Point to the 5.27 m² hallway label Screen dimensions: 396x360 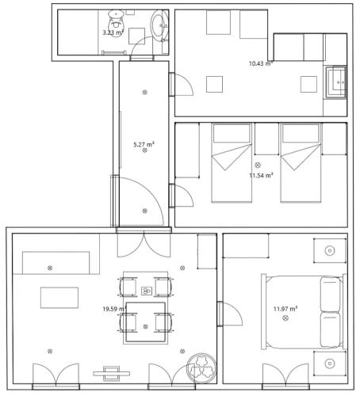(x=144, y=144)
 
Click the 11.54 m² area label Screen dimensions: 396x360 (x=260, y=175)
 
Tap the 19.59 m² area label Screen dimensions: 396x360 (x=115, y=308)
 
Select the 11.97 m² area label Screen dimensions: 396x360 (x=285, y=308)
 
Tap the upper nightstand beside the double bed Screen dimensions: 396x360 (x=330, y=251)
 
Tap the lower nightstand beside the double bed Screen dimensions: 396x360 (x=330, y=364)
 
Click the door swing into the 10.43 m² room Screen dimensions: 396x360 (x=179, y=84)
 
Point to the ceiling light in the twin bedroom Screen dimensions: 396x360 (x=258, y=165)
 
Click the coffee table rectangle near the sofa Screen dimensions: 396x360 (x=60, y=297)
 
